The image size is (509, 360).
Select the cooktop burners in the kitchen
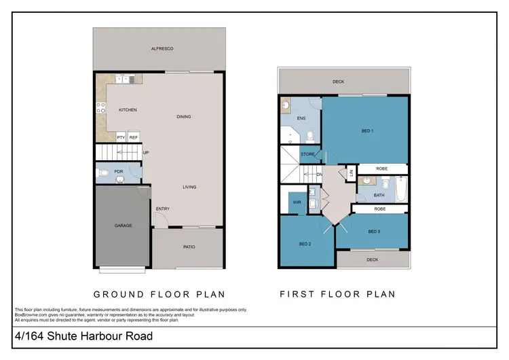click(101, 107)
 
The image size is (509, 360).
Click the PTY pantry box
click(121, 137)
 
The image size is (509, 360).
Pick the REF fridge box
click(134, 137)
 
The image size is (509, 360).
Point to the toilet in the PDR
click(103, 173)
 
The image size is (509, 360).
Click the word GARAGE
click(123, 226)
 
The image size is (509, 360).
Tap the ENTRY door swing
click(160, 219)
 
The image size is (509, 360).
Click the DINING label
click(184, 117)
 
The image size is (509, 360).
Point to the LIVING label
click(189, 187)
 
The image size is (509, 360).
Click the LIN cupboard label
click(351, 174)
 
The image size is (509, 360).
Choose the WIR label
click(297, 202)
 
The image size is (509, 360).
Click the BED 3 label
click(374, 231)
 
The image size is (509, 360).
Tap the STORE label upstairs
click(307, 155)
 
